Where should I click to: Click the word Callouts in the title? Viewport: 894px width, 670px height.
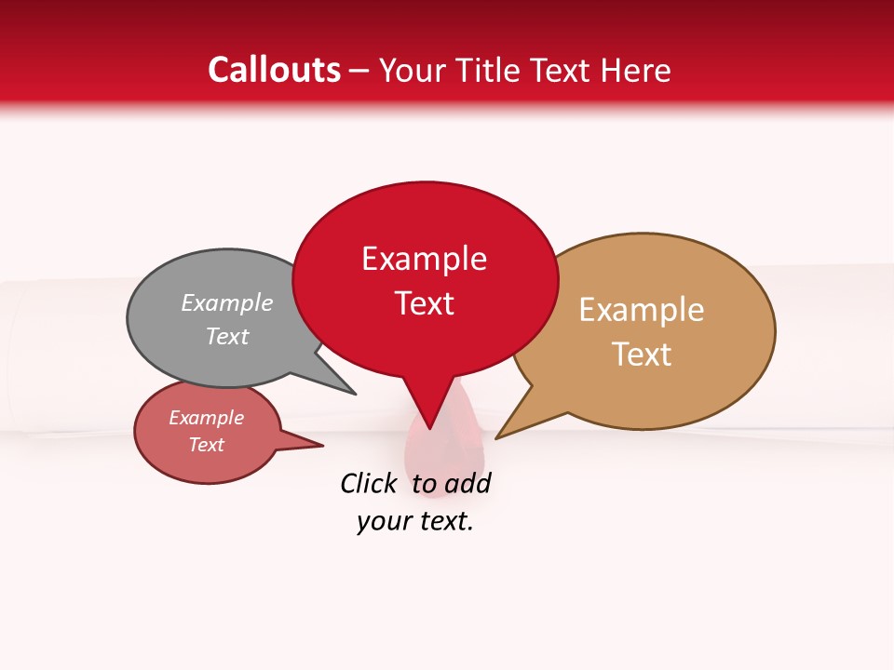click(274, 70)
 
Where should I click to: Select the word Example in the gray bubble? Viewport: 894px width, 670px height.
click(227, 302)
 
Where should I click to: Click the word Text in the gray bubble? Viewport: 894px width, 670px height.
click(227, 336)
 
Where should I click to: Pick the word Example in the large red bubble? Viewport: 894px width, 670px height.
click(424, 259)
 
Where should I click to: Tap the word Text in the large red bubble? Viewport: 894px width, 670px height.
click(425, 303)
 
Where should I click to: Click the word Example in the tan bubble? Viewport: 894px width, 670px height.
click(642, 310)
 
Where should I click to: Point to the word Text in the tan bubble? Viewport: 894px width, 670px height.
click(642, 355)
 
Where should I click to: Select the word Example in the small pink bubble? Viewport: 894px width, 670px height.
click(206, 418)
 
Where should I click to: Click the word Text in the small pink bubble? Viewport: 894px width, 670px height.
click(206, 445)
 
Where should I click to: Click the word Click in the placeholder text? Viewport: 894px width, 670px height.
click(369, 483)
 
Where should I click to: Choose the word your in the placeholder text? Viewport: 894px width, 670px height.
click(383, 522)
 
